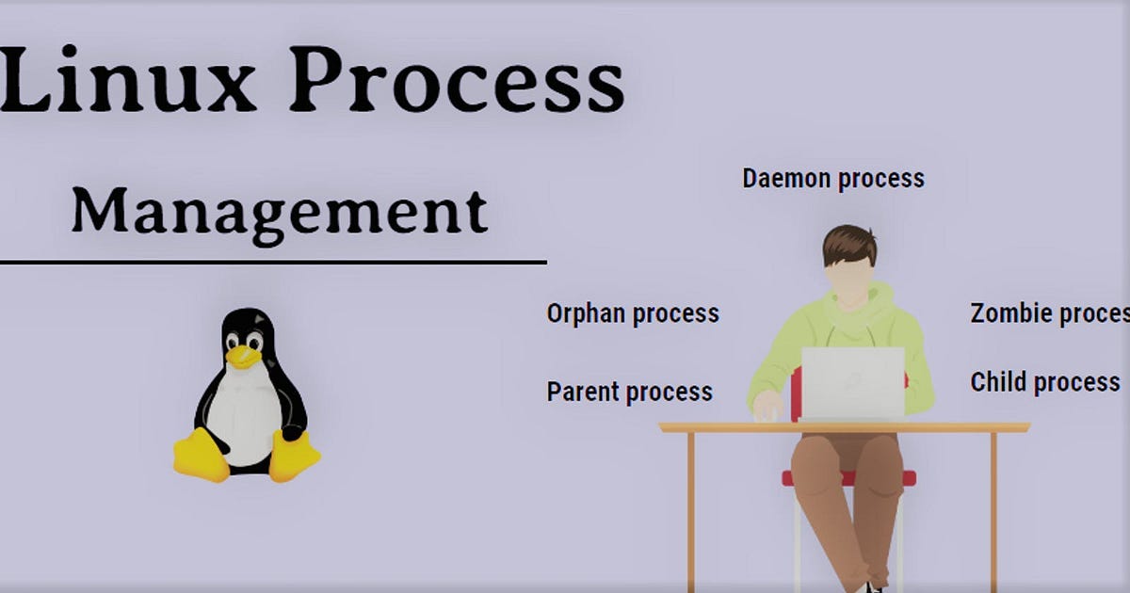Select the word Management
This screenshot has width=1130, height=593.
[x=280, y=212]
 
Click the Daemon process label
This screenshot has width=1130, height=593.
[x=833, y=178]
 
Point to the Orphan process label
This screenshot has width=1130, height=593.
[x=633, y=313]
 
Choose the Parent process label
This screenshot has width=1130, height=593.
[x=630, y=392]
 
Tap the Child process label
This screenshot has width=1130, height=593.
[x=1045, y=382]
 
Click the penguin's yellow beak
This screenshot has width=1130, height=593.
[x=243, y=356]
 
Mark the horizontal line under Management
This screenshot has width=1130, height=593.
[x=273, y=262]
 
